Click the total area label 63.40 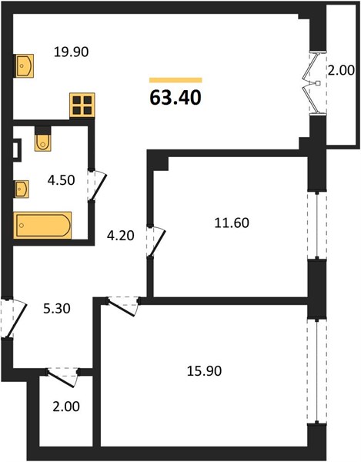click(x=175, y=98)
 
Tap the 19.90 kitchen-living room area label click(x=72, y=52)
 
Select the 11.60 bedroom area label click(x=232, y=223)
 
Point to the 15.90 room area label click(x=204, y=371)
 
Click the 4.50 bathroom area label click(x=62, y=180)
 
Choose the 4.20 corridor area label click(x=121, y=236)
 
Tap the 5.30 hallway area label click(x=57, y=309)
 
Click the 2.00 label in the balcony click(x=341, y=71)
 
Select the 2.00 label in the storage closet click(x=66, y=407)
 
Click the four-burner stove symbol click(x=82, y=105)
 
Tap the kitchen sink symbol click(x=25, y=65)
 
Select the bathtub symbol click(x=42, y=225)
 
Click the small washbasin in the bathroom click(x=22, y=189)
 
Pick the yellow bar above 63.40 click(x=175, y=80)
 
